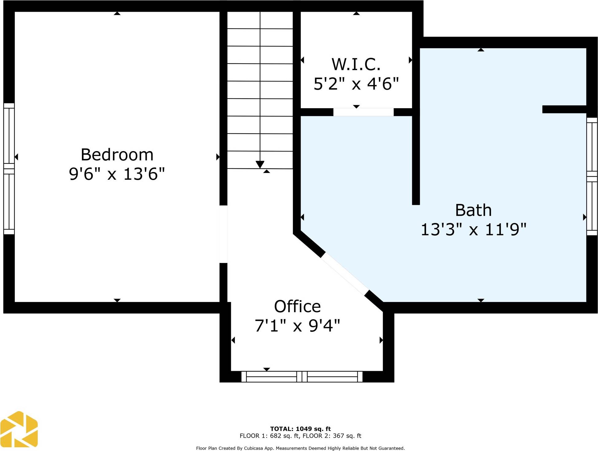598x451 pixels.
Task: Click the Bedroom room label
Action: (117, 155)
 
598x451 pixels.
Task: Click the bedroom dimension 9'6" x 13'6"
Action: (117, 174)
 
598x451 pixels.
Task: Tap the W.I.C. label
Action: (356, 64)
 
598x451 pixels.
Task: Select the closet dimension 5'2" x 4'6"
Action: (356, 84)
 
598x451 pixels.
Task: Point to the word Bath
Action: (473, 210)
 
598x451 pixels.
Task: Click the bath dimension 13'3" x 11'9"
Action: (473, 229)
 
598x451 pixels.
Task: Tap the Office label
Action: (297, 306)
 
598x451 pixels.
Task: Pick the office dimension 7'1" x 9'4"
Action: (297, 326)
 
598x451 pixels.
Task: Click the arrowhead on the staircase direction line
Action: (260, 164)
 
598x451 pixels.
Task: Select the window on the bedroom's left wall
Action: (9, 169)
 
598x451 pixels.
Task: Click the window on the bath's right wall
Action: (592, 177)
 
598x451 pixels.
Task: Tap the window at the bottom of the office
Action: (302, 376)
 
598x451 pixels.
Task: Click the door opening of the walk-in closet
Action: (363, 112)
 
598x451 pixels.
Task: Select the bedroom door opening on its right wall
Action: (223, 234)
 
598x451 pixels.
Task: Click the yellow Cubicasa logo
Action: (19, 429)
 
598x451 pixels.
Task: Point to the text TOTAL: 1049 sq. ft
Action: (300, 429)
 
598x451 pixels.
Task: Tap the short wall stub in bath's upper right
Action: (564, 109)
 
